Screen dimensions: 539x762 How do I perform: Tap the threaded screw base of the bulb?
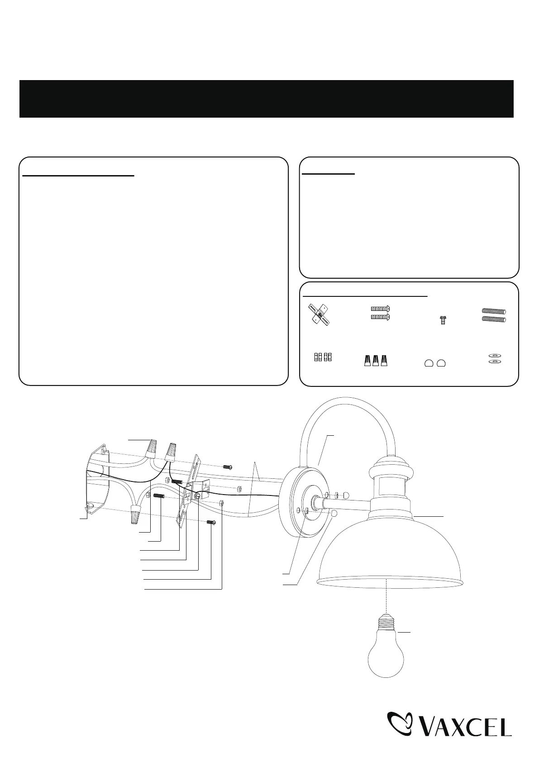(x=386, y=621)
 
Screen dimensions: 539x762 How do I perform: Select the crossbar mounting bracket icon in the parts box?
(x=319, y=314)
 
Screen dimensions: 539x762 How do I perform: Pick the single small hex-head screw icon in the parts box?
(x=443, y=320)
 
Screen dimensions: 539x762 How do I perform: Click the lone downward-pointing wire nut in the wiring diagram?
(x=136, y=514)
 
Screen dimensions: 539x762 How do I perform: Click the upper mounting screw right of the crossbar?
(x=227, y=467)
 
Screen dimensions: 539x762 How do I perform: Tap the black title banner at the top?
(x=267, y=99)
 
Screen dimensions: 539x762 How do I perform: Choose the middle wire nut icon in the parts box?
(x=375, y=361)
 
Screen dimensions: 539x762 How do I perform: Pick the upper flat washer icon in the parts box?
(x=495, y=356)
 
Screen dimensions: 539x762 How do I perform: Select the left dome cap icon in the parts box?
(x=429, y=363)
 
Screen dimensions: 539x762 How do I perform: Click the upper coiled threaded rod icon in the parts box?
(x=494, y=311)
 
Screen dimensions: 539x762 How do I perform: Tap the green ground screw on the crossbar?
(x=197, y=496)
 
